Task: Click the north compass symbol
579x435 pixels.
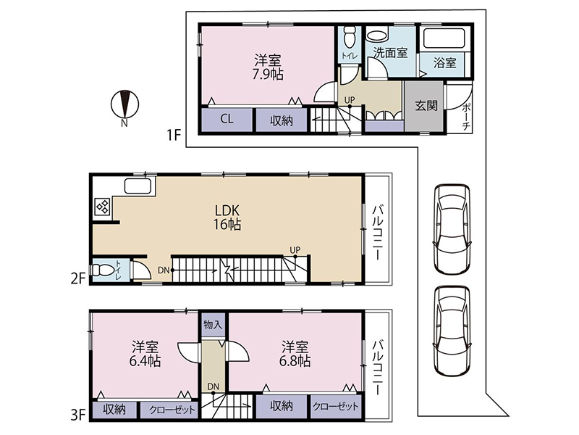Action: pos(124,104)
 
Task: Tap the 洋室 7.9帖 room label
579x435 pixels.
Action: pos(268,67)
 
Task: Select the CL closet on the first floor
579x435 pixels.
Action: pos(227,119)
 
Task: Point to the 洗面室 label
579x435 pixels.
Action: pos(390,52)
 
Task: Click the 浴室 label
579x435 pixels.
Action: pos(444,62)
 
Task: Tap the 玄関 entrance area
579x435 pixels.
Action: pos(424,106)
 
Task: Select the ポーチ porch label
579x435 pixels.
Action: pos(466,117)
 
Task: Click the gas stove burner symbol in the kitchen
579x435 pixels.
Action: pos(103,207)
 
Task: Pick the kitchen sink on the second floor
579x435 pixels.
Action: pos(138,186)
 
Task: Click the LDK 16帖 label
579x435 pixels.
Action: pos(227,217)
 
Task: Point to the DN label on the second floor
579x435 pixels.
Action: pos(164,270)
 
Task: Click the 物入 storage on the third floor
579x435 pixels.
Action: pos(213,325)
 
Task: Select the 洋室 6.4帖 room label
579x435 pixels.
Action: pos(145,354)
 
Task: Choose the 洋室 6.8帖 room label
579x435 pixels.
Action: pos(295,354)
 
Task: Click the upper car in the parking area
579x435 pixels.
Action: pos(452,228)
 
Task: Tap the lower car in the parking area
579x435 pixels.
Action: pos(452,331)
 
